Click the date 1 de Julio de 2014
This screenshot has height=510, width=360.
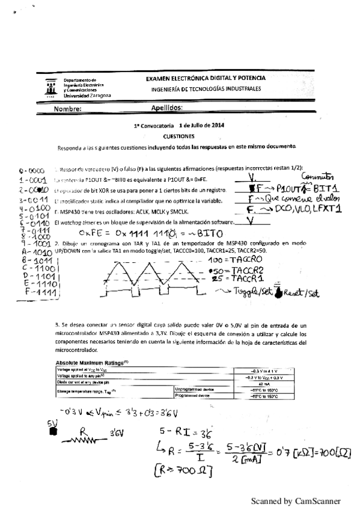click(x=201, y=126)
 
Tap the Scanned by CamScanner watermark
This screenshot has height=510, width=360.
click(x=296, y=500)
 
